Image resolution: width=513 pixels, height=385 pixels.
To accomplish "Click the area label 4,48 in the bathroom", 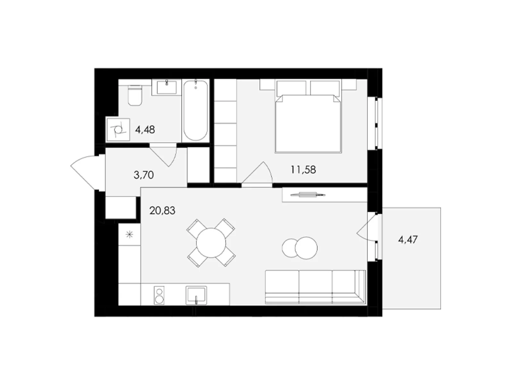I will (145, 130).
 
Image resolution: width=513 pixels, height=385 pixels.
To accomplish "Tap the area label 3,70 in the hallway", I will (143, 175).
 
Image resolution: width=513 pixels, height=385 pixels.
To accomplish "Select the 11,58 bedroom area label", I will (303, 169).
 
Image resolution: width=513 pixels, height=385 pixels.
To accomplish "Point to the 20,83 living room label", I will (162, 210).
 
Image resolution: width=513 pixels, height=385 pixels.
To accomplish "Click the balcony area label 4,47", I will (408, 240).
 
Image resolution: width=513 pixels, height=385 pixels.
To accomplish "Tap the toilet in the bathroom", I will (135, 96).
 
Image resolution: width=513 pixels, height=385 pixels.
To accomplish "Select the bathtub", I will (195, 110).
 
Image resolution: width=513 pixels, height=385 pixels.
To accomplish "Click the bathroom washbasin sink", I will (166, 87).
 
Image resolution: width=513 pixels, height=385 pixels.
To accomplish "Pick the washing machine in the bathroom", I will (118, 130).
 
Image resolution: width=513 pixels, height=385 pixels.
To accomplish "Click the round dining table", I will (211, 243).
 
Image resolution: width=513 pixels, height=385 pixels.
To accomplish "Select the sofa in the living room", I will (315, 287).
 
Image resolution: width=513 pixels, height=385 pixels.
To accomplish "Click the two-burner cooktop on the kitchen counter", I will (159, 295).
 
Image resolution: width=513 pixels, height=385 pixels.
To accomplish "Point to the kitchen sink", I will (196, 295).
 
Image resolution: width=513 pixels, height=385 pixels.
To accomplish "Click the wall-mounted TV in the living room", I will (308, 194).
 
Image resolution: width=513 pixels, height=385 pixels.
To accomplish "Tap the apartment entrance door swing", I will (84, 173).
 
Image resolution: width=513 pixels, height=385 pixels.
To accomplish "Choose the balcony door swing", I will (367, 228).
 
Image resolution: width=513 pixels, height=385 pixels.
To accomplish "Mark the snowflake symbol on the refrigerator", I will (129, 235).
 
